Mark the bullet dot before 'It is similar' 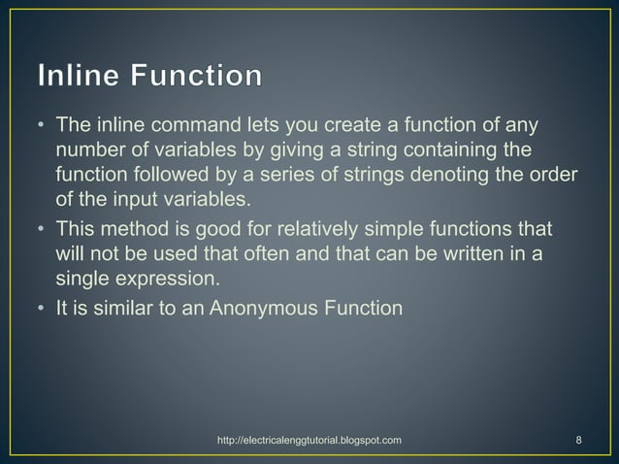40,311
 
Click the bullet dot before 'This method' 40,229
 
